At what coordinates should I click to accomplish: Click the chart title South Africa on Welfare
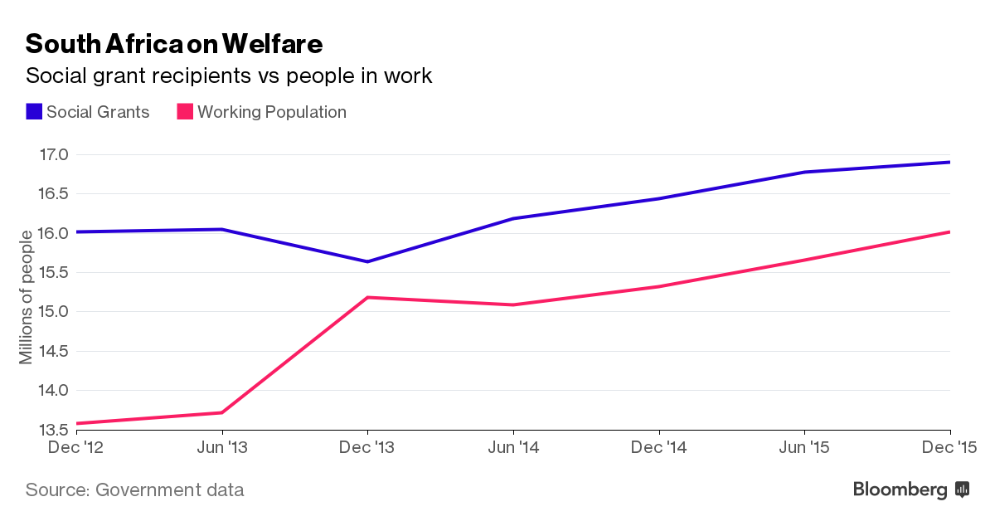point(174,43)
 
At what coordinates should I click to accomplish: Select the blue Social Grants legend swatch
point(34,112)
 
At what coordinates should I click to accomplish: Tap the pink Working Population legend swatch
point(185,112)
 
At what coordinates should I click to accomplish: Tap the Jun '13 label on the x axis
point(222,448)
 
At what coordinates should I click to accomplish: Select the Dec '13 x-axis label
point(368,448)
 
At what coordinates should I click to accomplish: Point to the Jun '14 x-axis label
point(514,448)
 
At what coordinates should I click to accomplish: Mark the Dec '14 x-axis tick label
point(659,448)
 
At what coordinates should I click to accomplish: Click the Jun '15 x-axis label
point(804,448)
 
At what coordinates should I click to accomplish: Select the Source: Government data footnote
point(134,489)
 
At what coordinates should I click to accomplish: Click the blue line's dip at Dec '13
point(368,261)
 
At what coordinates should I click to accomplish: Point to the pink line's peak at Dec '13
point(368,297)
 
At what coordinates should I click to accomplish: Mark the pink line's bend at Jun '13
point(222,412)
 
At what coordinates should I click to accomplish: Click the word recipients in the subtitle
point(205,76)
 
